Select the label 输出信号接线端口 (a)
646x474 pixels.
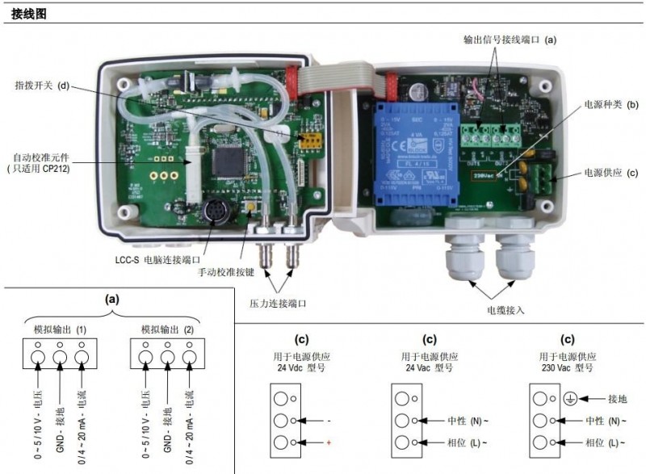pos(510,39)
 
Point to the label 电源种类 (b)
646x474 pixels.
pos(611,105)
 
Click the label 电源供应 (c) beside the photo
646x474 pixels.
pos(611,172)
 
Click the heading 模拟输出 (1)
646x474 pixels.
pos(60,329)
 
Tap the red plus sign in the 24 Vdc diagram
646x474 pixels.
pos(329,443)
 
